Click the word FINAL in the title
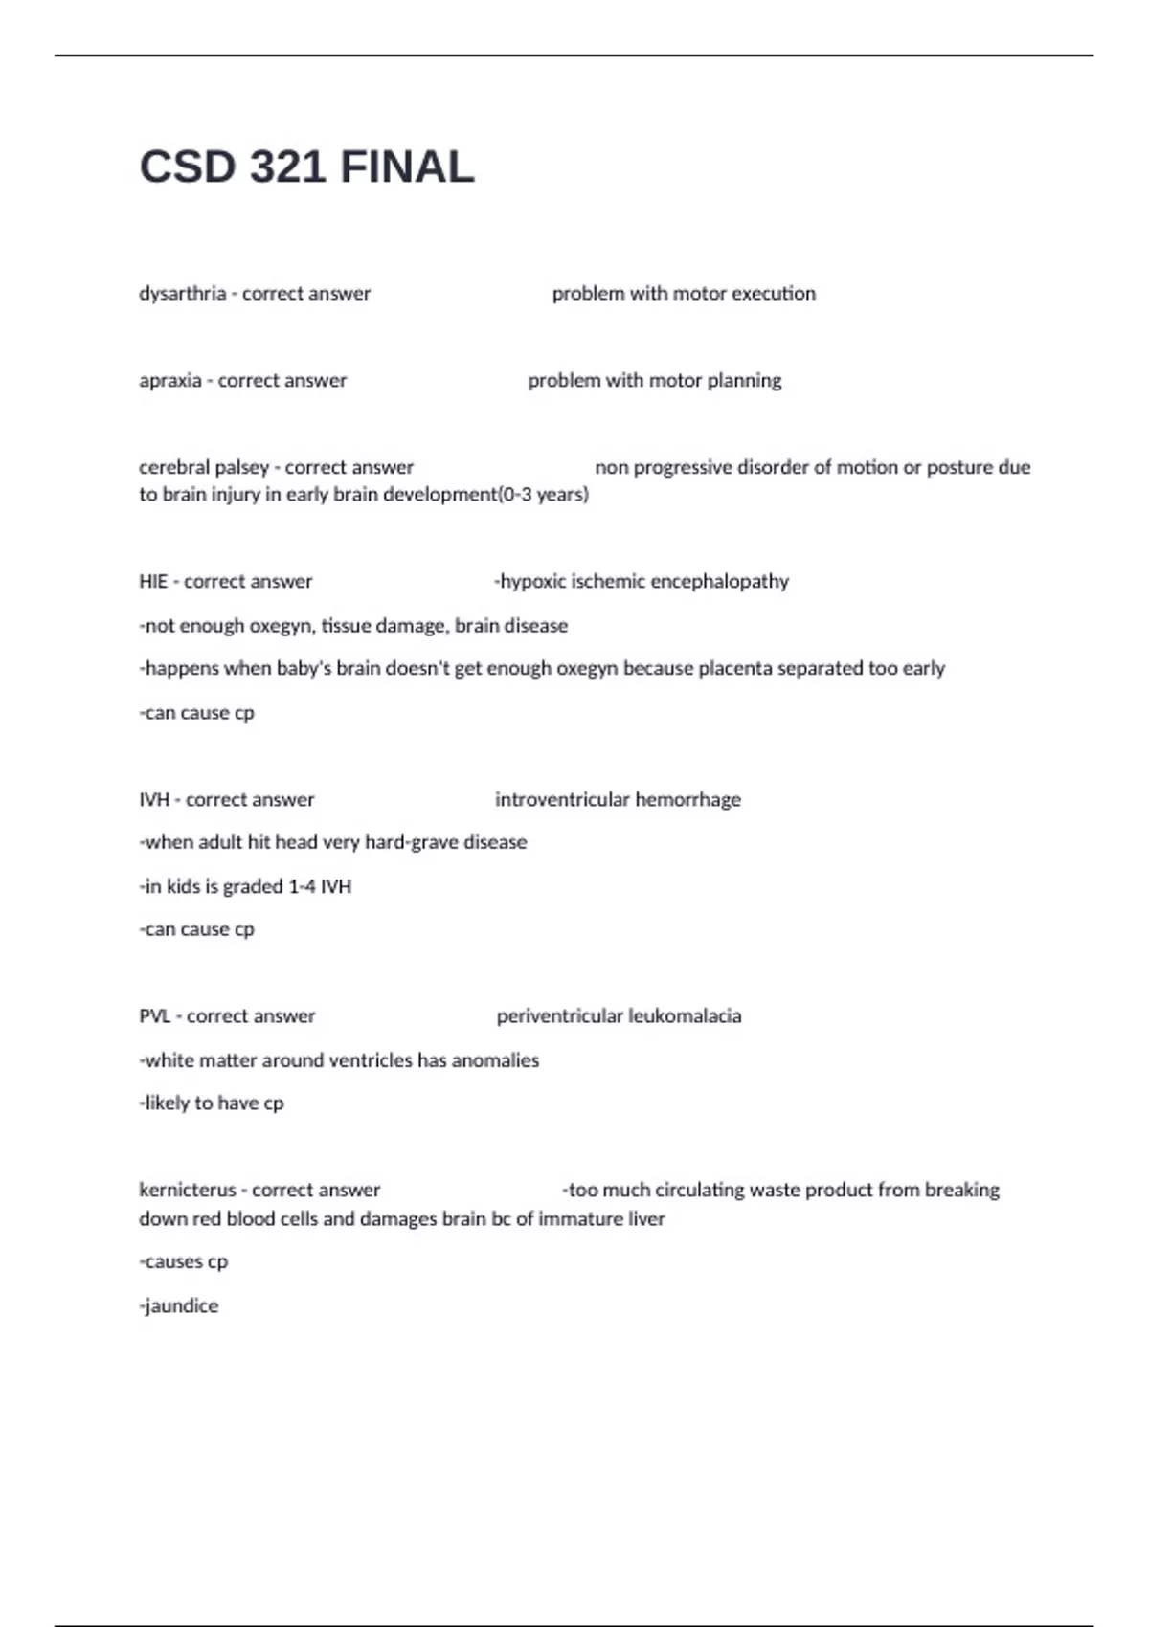click(407, 167)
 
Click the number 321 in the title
click(287, 167)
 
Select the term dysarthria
click(183, 294)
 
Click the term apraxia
click(170, 381)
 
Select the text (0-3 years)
click(544, 495)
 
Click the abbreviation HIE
click(153, 582)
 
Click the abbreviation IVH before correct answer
click(154, 800)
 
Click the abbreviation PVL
click(155, 1016)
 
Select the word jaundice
click(181, 1306)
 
